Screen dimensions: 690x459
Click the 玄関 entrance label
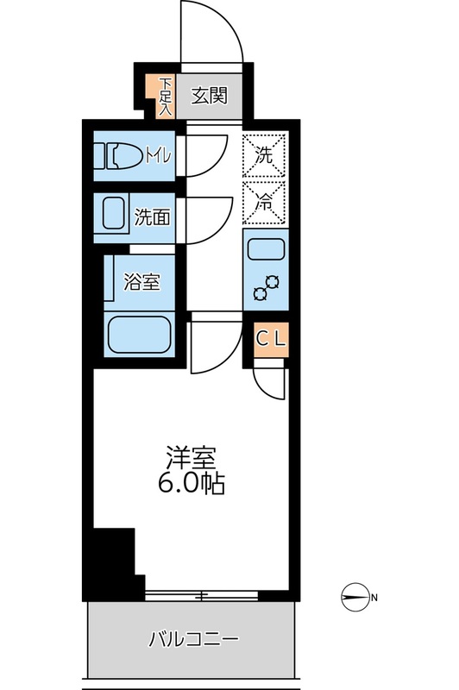click(x=209, y=95)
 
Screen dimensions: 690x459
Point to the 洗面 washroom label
click(x=152, y=217)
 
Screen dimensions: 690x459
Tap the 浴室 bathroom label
click(x=141, y=281)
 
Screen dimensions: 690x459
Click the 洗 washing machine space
click(x=265, y=156)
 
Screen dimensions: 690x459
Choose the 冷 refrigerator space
click(x=265, y=204)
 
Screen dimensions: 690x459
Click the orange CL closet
click(x=269, y=337)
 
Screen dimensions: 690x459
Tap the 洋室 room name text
click(x=191, y=457)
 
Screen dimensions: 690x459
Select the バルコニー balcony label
click(x=193, y=639)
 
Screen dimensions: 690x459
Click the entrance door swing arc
click(x=209, y=34)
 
